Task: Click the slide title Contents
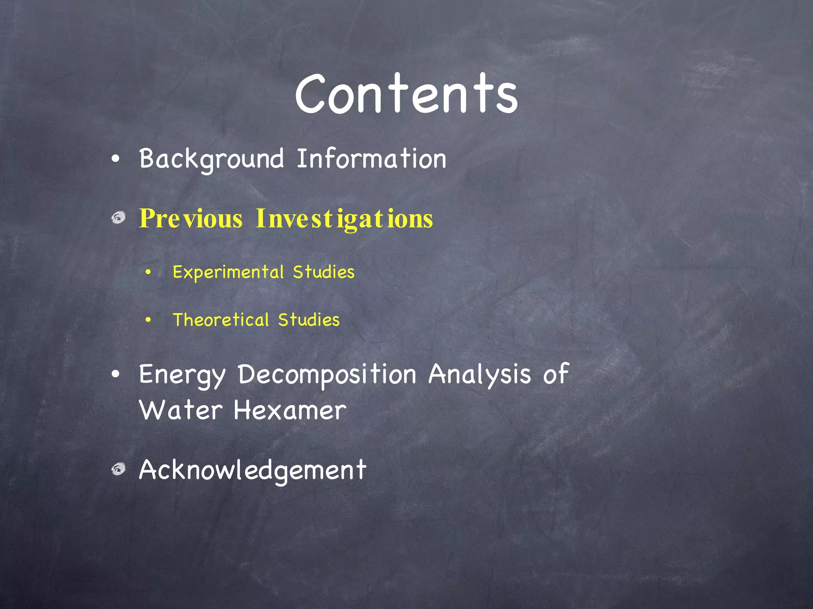point(406,95)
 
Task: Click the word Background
point(211,159)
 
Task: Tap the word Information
point(371,159)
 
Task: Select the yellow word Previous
point(191,218)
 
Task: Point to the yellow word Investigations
point(344,218)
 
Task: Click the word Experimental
point(228,272)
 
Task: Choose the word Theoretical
point(221,320)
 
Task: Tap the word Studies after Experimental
point(324,272)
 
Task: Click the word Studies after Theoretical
point(309,320)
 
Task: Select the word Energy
point(182,375)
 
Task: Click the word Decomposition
point(327,375)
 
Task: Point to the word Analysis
point(480,375)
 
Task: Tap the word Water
point(181,410)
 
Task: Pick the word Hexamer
point(290,410)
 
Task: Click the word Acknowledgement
point(252,470)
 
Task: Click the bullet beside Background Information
point(116,159)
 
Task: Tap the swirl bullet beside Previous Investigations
point(118,218)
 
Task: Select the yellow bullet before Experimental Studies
point(148,272)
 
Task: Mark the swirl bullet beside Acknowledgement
point(118,469)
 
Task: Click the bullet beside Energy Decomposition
point(116,375)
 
